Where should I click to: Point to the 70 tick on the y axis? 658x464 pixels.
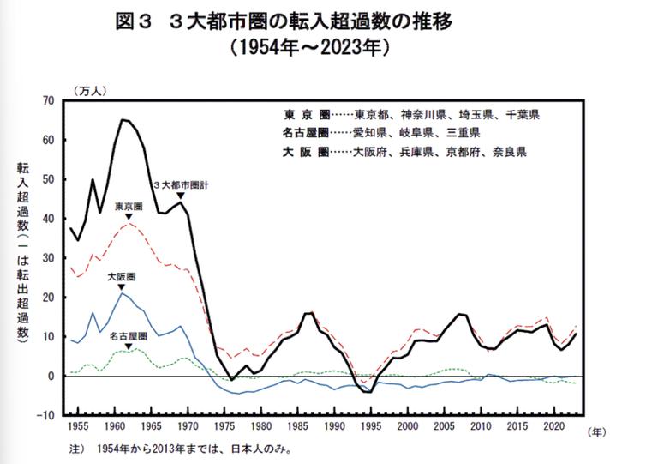pos(46,100)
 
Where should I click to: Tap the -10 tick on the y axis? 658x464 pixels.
pos(44,415)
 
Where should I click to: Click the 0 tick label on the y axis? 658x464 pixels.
pos(51,376)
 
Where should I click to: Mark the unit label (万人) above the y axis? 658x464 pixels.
pos(90,90)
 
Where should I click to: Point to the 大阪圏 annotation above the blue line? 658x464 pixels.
pos(121,278)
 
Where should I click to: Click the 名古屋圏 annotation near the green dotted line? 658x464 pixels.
pos(128,337)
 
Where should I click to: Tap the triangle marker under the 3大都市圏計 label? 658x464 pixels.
pos(180,196)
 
